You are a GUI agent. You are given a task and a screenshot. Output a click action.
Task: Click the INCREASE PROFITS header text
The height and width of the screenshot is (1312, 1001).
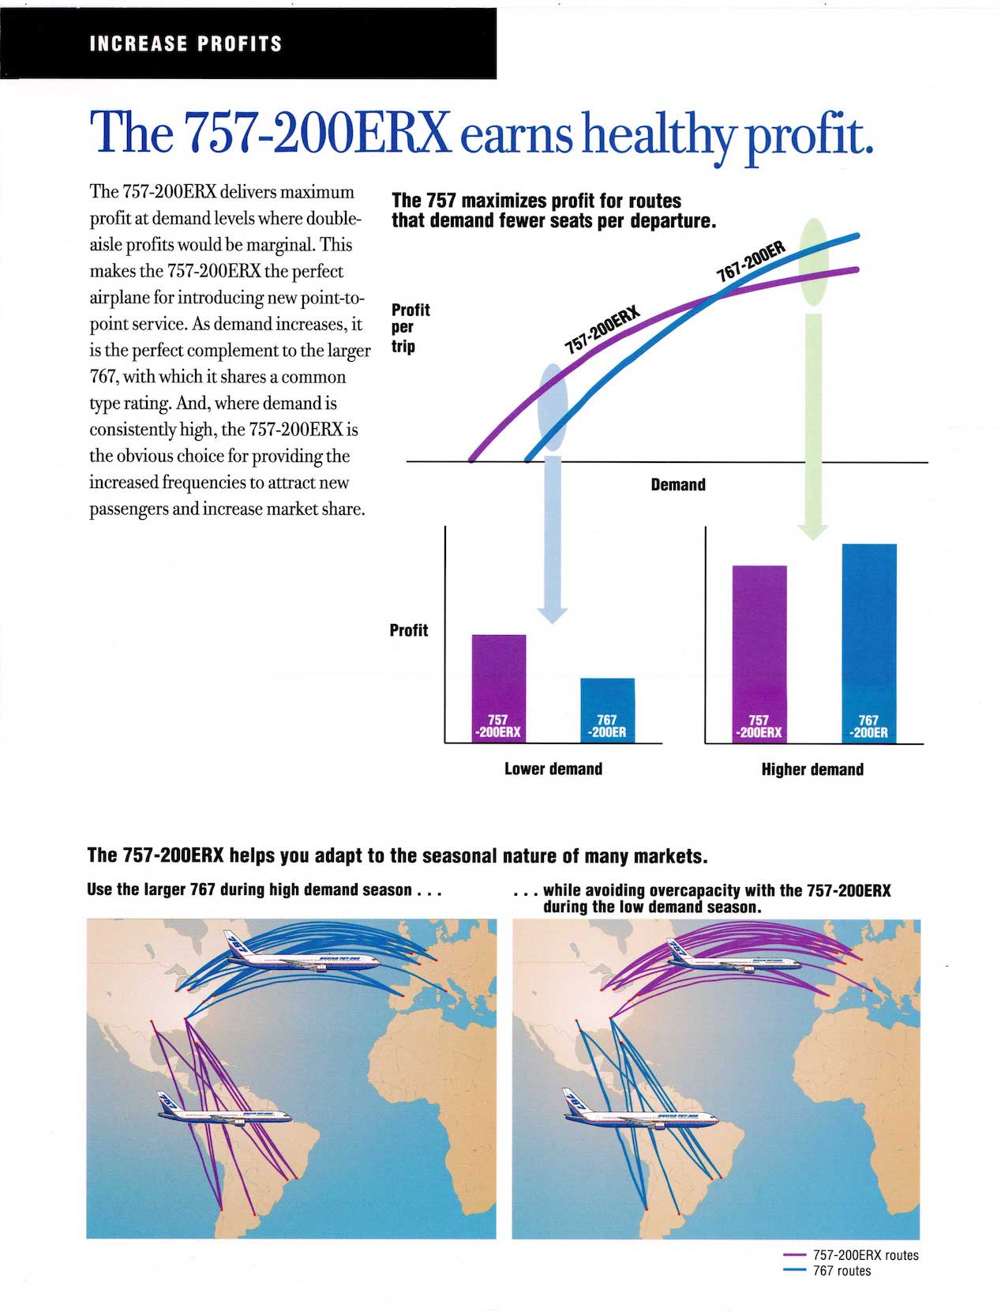[186, 43]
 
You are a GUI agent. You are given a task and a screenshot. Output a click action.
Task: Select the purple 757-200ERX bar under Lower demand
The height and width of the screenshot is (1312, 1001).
[498, 687]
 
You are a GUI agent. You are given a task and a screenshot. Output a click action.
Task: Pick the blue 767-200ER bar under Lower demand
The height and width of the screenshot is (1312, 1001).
[607, 709]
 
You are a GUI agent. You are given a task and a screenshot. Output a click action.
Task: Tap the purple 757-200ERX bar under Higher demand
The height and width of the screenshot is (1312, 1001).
[759, 653]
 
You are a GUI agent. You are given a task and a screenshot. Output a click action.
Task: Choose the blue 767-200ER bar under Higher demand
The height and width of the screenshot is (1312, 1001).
[868, 642]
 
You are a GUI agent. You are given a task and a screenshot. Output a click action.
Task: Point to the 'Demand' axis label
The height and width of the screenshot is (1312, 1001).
[677, 485]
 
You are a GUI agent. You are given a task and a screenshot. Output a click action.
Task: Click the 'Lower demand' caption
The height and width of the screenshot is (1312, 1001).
[553, 769]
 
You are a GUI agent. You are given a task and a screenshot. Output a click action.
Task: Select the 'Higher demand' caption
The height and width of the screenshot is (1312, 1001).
[812, 769]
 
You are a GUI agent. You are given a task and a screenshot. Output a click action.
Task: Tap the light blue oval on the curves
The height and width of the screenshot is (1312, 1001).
[552, 406]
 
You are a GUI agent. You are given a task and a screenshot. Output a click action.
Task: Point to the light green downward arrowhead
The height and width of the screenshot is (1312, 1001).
[812, 530]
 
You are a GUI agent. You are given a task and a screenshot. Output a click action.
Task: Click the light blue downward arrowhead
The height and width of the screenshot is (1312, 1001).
[552, 614]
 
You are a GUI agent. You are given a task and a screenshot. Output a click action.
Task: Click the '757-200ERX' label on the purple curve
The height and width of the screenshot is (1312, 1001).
[602, 330]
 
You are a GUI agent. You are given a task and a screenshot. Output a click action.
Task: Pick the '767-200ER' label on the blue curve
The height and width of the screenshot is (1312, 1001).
[751, 261]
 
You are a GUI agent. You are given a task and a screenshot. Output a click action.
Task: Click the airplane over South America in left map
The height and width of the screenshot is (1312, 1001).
[224, 1110]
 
